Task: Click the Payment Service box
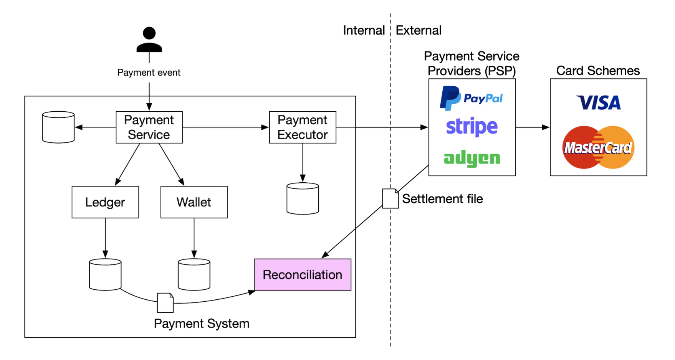tap(149, 127)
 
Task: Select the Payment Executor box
tap(303, 127)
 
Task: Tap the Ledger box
tap(105, 202)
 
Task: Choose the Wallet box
tap(194, 202)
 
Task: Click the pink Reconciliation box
tap(303, 275)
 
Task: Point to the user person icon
tap(149, 40)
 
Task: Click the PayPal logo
tap(471, 98)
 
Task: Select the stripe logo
tap(472, 127)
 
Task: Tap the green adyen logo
tap(472, 158)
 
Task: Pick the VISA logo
tap(598, 103)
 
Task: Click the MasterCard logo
tap(598, 147)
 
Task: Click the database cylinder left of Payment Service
tap(58, 127)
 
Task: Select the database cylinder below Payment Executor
tap(303, 198)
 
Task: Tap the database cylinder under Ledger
tap(105, 274)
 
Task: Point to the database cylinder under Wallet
tap(194, 274)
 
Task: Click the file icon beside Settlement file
tap(390, 198)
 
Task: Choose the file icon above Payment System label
tap(165, 303)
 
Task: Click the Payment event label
tap(149, 73)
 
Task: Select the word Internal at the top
tap(364, 30)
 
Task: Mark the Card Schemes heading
tap(598, 71)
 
